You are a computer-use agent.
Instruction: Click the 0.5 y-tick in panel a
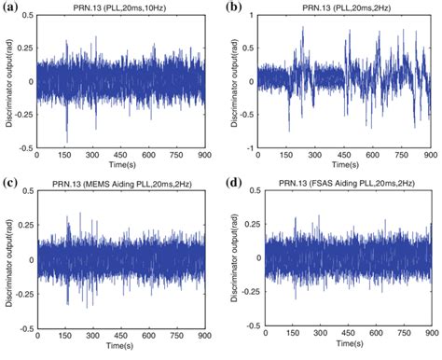click(x=29, y=18)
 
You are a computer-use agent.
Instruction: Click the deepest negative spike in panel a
click(x=65, y=140)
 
